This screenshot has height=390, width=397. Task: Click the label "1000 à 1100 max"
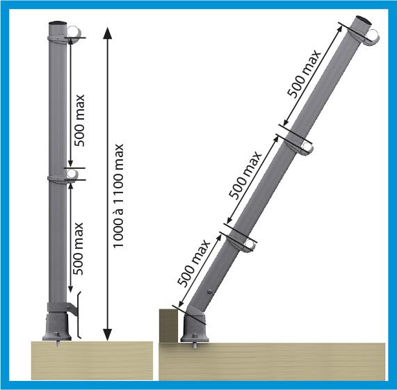[x=118, y=196]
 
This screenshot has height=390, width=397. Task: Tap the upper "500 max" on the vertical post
[x=79, y=120]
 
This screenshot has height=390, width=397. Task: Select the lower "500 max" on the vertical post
[x=78, y=249]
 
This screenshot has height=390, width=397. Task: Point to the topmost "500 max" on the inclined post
[x=304, y=74]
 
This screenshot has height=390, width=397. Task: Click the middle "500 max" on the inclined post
[x=245, y=175]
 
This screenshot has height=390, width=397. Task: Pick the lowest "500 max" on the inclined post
[x=194, y=263]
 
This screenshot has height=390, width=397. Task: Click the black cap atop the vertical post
[x=58, y=23]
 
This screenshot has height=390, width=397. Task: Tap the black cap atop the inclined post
[x=364, y=19]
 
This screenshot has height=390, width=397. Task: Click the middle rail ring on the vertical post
[x=72, y=174]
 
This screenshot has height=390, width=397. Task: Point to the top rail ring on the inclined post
[x=373, y=35]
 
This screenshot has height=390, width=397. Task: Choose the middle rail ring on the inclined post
[x=307, y=147]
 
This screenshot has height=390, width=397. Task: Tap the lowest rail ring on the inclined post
[x=250, y=244]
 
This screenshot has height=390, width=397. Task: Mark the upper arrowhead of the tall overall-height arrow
[x=107, y=33]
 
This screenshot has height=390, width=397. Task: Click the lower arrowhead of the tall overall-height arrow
[x=107, y=334]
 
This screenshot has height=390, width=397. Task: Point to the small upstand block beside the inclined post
[x=168, y=326]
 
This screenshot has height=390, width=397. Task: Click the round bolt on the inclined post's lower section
[x=209, y=291]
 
